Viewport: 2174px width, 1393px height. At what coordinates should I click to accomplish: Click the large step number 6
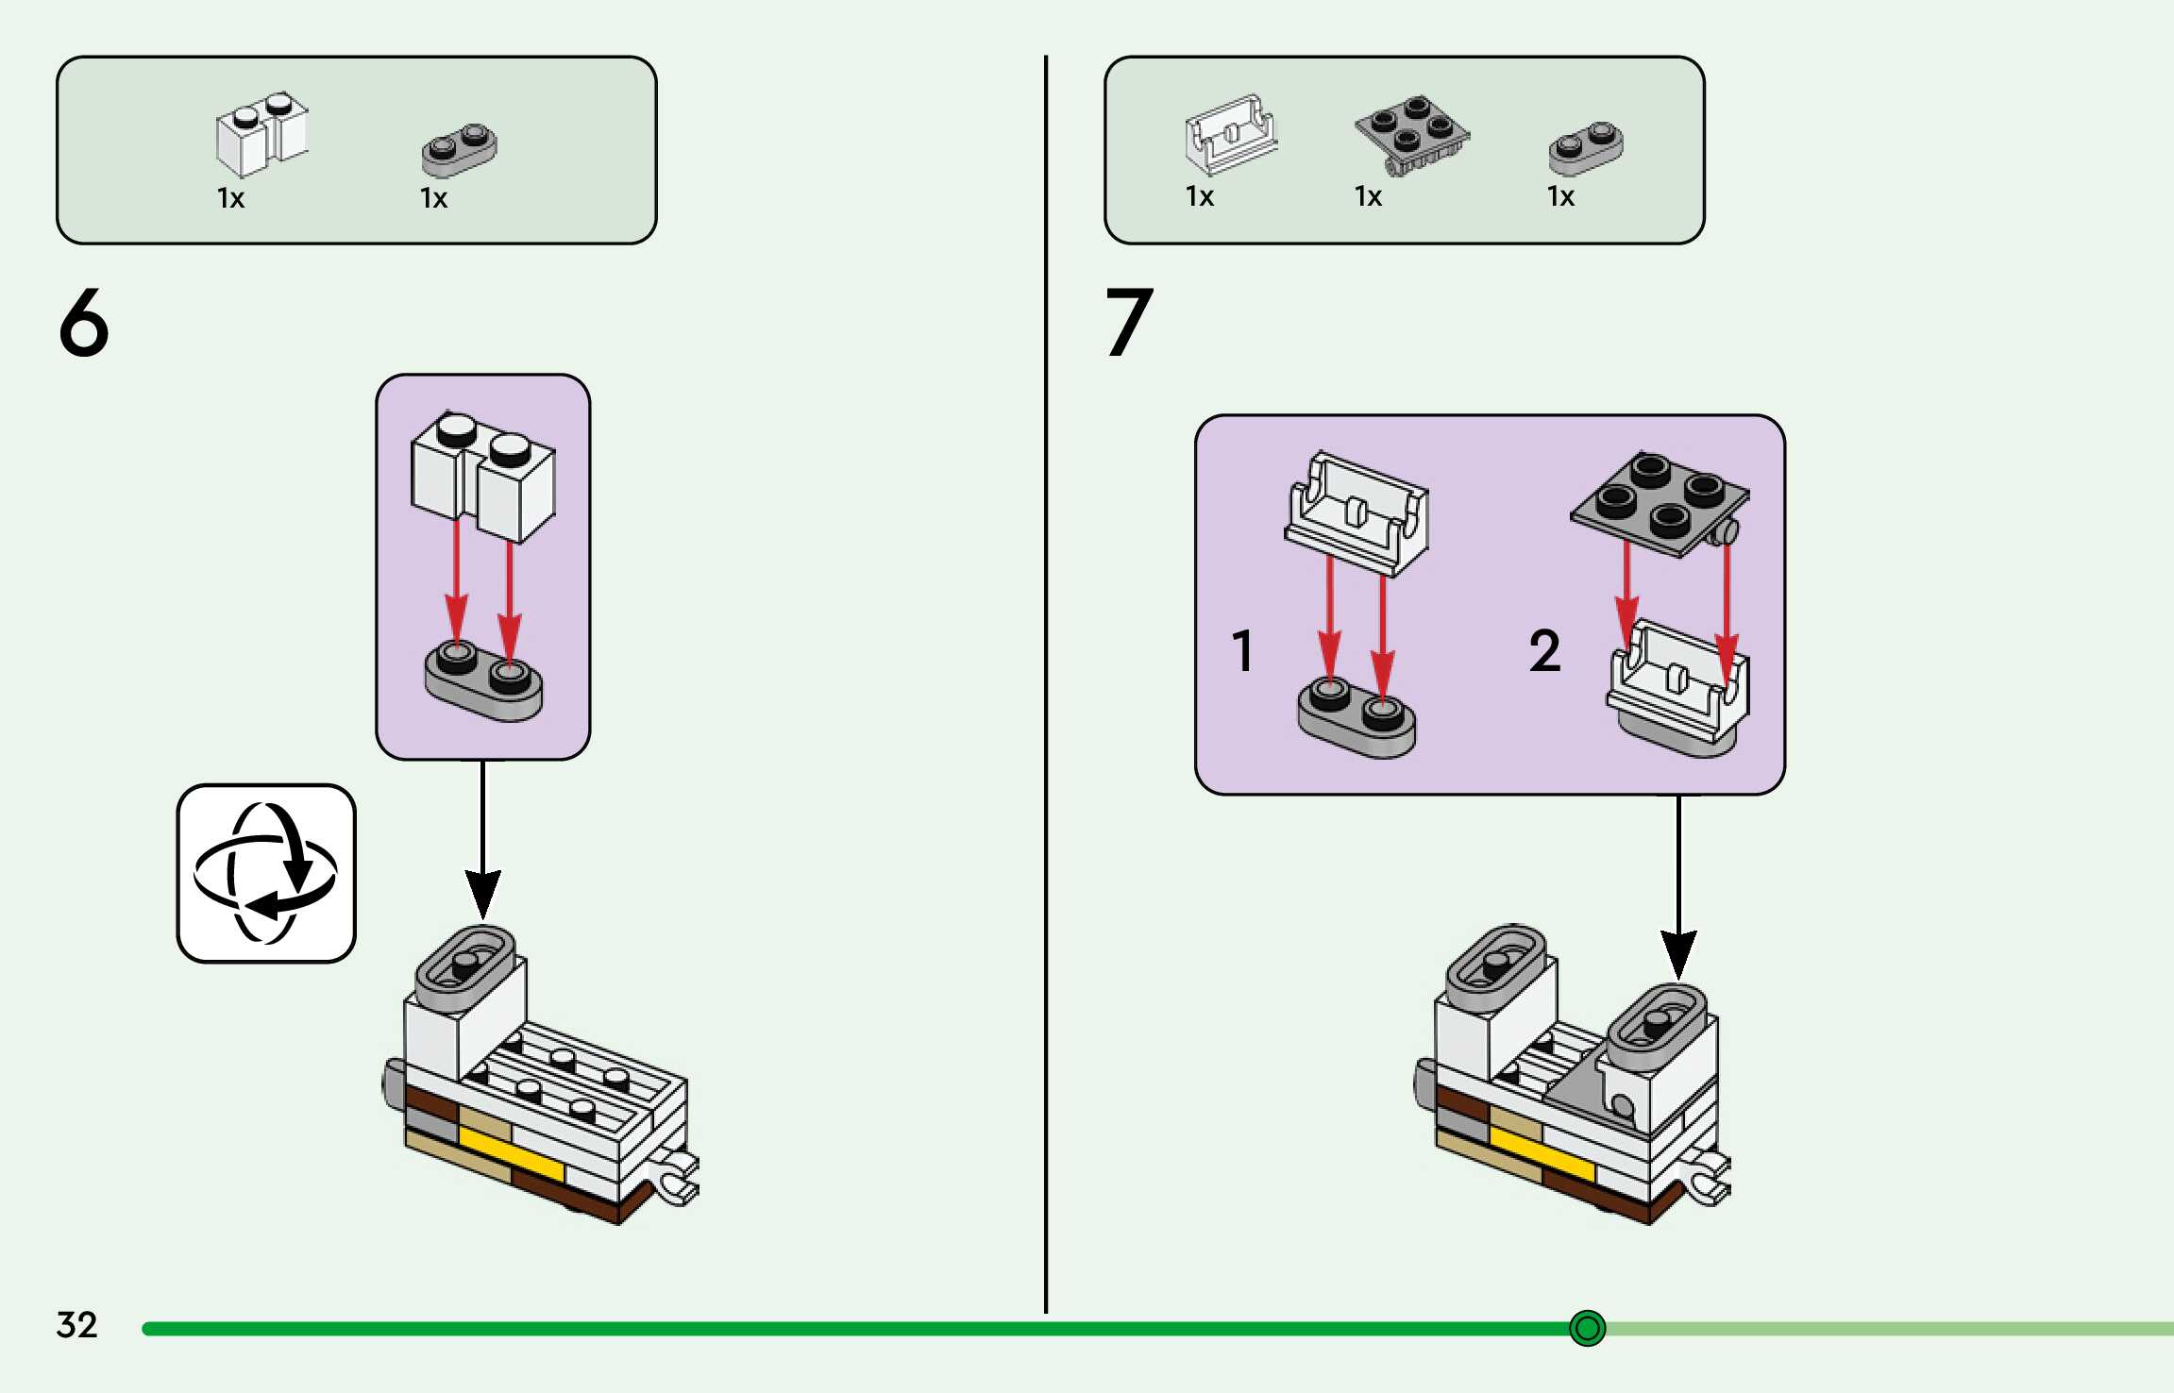pos(84,323)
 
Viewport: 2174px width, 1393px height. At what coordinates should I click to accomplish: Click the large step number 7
pos(1129,323)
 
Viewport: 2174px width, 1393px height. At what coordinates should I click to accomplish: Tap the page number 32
pos(76,1325)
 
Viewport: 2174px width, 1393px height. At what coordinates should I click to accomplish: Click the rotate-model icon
pos(266,873)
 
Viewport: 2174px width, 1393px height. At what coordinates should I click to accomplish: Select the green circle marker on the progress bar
pos(1587,1328)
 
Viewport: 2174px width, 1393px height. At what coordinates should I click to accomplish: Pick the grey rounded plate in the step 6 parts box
pos(459,149)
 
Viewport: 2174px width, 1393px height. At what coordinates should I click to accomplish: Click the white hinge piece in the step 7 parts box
pos(1231,135)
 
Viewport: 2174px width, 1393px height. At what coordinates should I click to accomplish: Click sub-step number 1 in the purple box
pos(1242,651)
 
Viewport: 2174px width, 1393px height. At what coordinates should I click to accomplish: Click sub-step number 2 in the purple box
pos(1544,651)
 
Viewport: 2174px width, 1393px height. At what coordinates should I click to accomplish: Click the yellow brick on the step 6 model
pos(510,1150)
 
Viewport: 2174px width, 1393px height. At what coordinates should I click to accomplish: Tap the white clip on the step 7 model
pos(1707,1178)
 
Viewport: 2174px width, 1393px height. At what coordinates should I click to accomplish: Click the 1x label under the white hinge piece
pos(1200,196)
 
